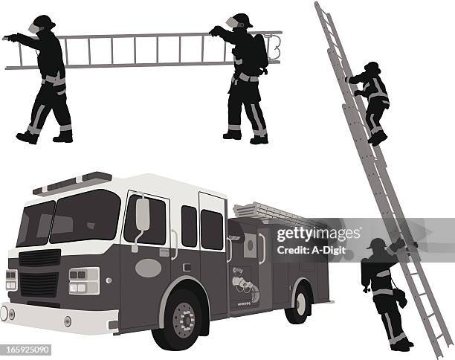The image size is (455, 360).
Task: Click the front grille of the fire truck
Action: point(39,275)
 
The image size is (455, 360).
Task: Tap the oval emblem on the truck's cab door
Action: point(148,268)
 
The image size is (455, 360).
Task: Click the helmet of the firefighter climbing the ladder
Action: point(372,67)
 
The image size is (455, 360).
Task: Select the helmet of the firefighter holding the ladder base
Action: point(377,243)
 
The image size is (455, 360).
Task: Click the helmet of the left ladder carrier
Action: point(43,22)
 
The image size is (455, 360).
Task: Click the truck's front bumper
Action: point(56,318)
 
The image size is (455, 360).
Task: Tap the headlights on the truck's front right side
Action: point(83,280)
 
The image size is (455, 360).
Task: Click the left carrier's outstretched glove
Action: point(10,36)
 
